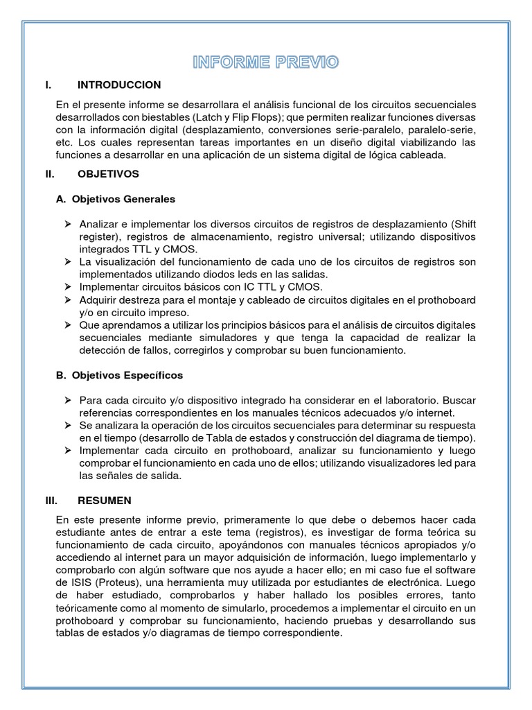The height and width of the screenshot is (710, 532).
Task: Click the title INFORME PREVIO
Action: pyautogui.click(x=266, y=63)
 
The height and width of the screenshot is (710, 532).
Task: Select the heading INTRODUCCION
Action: pyautogui.click(x=119, y=85)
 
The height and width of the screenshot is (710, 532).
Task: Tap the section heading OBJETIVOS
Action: pyautogui.click(x=108, y=173)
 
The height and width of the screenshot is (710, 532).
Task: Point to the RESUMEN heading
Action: pyautogui.click(x=104, y=500)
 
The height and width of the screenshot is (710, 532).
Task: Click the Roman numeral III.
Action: pyautogui.click(x=49, y=500)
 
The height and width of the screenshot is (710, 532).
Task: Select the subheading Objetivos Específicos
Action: pyautogui.click(x=119, y=375)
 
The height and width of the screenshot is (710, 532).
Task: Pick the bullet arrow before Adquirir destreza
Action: pyautogui.click(x=68, y=300)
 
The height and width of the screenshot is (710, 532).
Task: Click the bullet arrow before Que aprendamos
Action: pyautogui.click(x=68, y=324)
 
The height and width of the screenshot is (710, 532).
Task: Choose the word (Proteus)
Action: pyautogui.click(x=109, y=582)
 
